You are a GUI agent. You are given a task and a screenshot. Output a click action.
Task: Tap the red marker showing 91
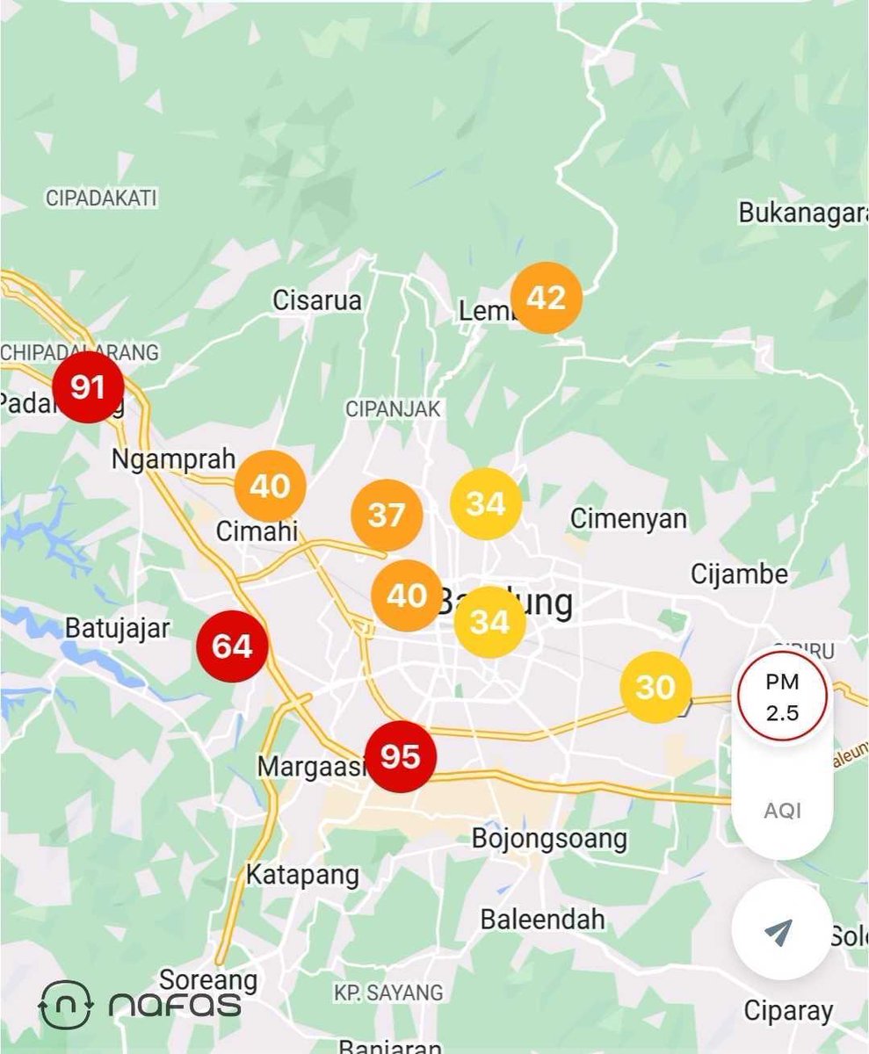pos(87,387)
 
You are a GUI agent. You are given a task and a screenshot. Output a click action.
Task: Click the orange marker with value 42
pos(546,299)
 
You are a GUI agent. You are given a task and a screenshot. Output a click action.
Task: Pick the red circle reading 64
pos(232,646)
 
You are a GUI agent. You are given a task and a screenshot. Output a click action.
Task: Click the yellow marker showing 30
pos(655,688)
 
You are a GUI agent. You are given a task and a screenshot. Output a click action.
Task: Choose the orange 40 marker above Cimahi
pos(270,486)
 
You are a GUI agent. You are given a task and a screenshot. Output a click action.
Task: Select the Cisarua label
pos(317,300)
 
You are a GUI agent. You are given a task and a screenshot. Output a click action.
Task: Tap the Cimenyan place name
pos(628,518)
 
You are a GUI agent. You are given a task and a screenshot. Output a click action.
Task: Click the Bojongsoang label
pos(549,838)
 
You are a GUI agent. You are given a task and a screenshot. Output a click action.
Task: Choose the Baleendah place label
pos(542,920)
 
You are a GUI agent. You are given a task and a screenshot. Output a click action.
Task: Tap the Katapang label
pos(302,875)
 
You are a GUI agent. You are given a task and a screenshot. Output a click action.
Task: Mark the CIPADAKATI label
pos(101,199)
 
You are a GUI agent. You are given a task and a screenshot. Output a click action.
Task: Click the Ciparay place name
pos(788,1011)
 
